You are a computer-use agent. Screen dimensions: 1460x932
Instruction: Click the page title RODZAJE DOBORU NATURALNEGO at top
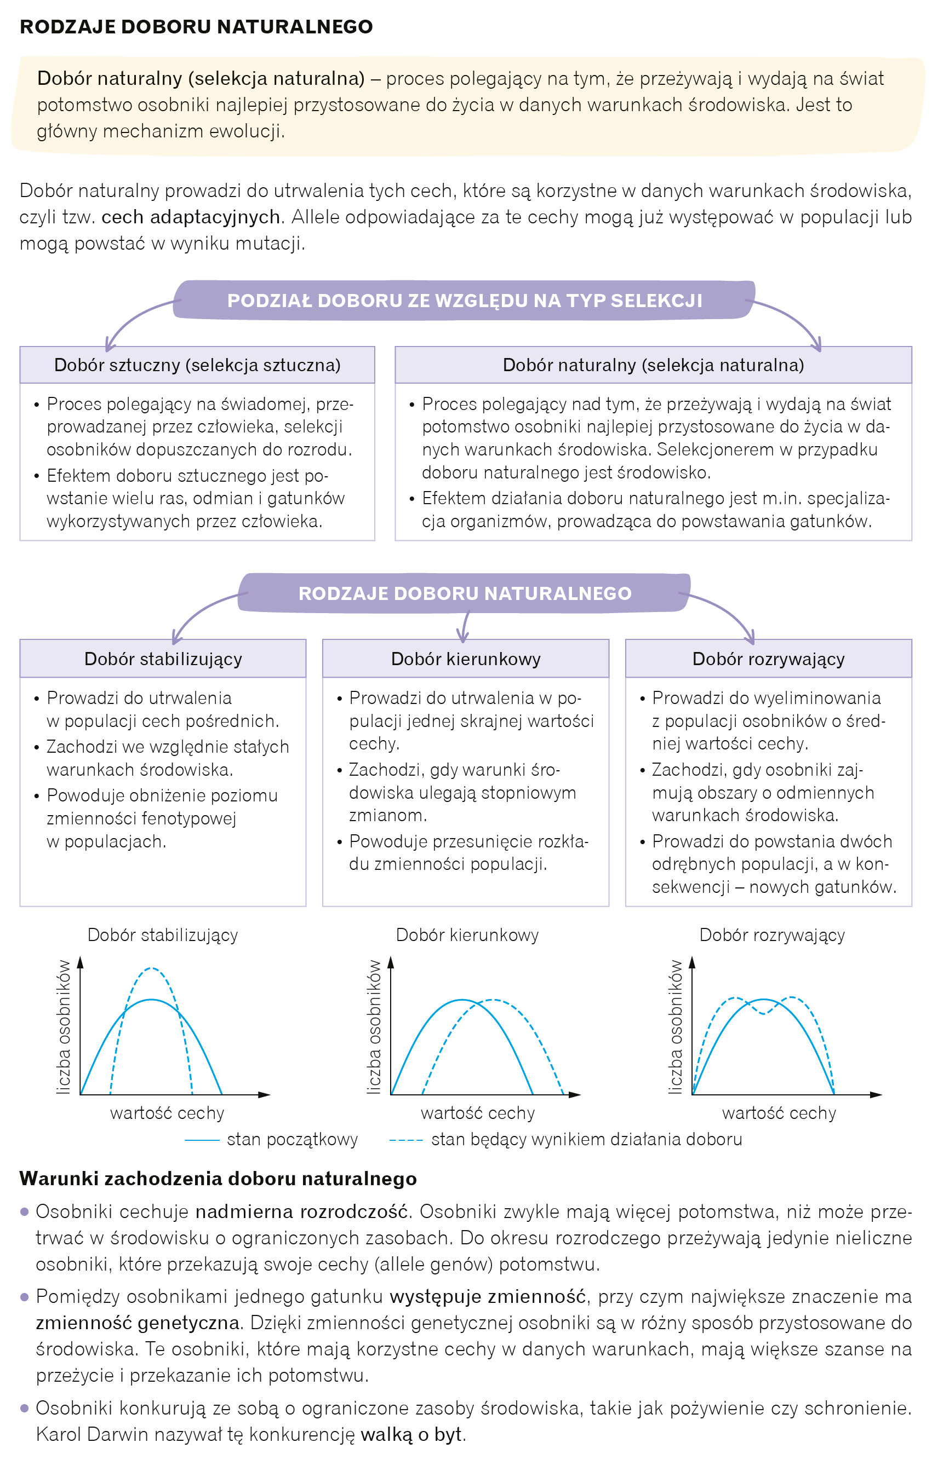coord(196,27)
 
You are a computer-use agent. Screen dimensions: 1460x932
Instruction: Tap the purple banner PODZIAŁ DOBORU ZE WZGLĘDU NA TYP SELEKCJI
coord(464,300)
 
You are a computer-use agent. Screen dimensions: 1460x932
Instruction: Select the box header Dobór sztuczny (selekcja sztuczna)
coord(197,365)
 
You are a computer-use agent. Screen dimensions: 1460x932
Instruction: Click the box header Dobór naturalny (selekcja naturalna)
coord(653,365)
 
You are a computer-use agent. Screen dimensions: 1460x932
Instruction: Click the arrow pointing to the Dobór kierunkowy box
coord(464,626)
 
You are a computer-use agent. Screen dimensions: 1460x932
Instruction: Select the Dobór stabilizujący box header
coord(163,659)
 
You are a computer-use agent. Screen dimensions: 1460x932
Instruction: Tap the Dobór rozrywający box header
coord(768,659)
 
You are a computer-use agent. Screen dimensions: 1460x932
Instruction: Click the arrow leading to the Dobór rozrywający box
coord(728,613)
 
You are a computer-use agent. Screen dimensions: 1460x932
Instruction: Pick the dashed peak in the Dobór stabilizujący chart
coord(151,968)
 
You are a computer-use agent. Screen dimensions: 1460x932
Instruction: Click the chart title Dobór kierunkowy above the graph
coord(467,934)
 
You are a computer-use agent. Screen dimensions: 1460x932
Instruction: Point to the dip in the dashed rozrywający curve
coord(763,1013)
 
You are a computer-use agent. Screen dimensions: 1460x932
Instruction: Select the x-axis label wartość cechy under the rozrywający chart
coord(779,1112)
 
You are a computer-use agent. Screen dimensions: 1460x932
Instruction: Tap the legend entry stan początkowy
coord(292,1139)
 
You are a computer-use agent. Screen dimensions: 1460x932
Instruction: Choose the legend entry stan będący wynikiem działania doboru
coord(586,1139)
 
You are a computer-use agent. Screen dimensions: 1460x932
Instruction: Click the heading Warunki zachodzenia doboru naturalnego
coord(218,1178)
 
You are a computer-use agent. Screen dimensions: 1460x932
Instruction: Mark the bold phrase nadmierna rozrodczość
coord(301,1211)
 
